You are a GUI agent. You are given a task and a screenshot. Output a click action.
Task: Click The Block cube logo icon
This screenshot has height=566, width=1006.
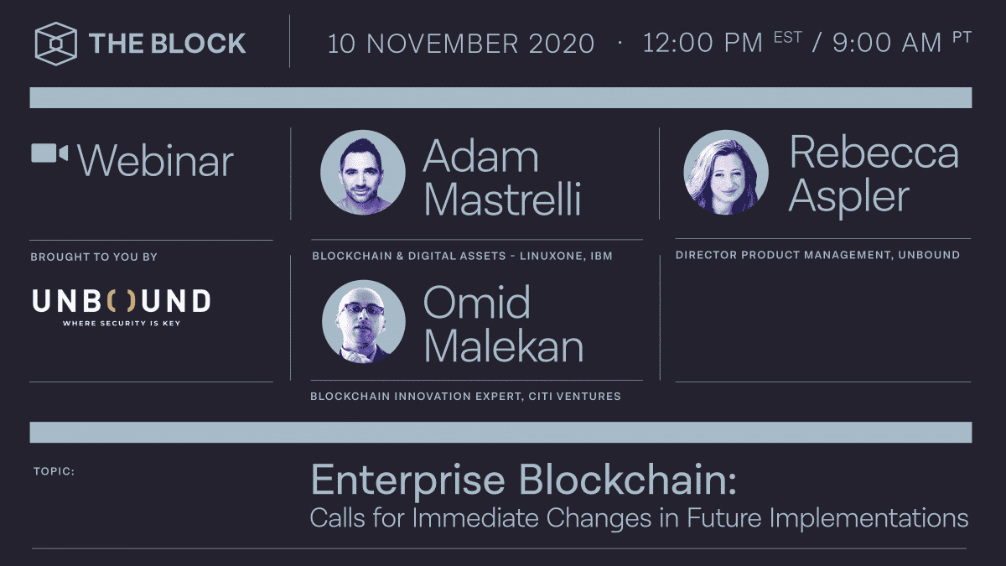click(56, 43)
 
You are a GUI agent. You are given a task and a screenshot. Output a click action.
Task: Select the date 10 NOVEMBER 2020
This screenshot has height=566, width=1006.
click(461, 44)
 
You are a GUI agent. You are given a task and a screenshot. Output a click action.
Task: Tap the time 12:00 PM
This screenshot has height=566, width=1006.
click(703, 44)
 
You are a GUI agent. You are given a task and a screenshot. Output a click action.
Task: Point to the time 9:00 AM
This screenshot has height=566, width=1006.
click(887, 44)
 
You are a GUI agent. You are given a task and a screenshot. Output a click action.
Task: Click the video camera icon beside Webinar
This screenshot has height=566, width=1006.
click(49, 153)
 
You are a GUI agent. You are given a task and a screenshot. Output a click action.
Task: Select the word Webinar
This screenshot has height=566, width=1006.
click(156, 160)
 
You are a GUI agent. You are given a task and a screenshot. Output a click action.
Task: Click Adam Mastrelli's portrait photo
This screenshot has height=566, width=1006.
click(363, 171)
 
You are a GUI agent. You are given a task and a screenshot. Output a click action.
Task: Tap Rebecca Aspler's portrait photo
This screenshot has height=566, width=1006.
click(725, 171)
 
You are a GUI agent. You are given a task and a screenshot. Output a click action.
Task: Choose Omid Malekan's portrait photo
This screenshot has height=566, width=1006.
click(363, 321)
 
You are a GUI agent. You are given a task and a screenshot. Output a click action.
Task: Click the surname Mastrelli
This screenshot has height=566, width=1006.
click(502, 200)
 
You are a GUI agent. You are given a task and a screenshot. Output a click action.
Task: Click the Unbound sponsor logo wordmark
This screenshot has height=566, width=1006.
click(122, 300)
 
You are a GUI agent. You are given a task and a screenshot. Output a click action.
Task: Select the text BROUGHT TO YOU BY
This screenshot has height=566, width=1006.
click(94, 257)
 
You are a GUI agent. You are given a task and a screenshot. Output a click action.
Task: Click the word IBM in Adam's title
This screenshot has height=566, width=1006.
click(600, 256)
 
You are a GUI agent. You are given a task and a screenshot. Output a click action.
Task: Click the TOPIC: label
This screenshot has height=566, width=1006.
click(54, 471)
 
